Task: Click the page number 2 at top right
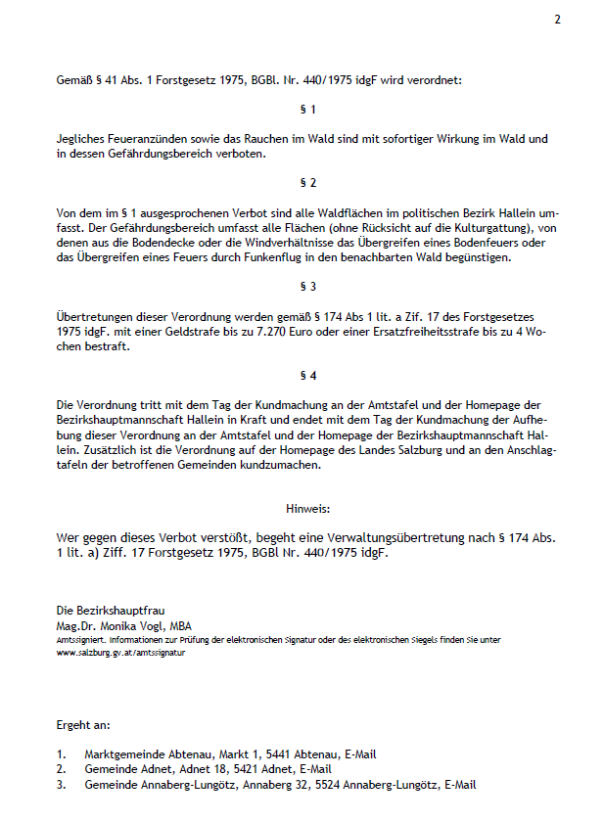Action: point(557,20)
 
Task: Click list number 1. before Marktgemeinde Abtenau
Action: point(62,754)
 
